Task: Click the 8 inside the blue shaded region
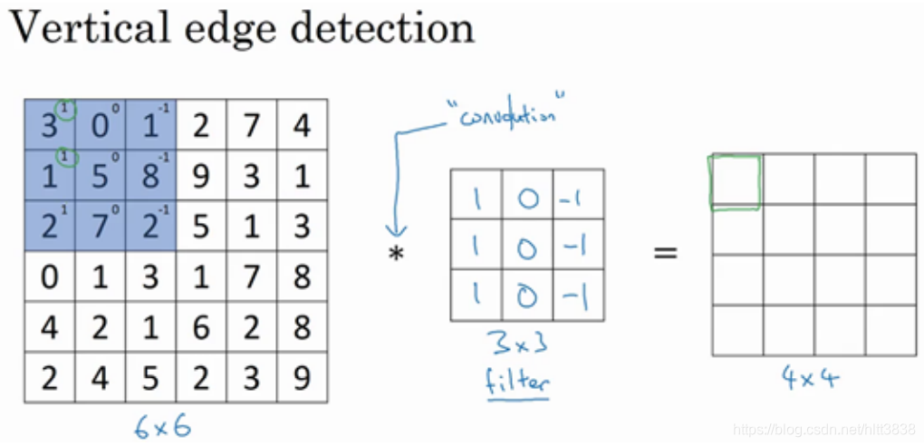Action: (150, 175)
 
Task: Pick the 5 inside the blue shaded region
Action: (100, 175)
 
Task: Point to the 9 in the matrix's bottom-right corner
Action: (302, 377)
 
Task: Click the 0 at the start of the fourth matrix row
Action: (49, 276)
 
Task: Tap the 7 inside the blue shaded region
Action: (100, 226)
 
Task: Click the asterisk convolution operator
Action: (396, 256)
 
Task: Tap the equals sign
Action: (666, 253)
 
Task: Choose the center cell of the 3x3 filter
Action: (526, 245)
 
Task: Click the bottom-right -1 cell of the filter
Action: (578, 296)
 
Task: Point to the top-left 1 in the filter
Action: (476, 194)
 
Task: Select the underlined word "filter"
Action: (517, 381)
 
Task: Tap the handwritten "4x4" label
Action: (811, 377)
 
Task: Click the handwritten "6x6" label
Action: (162, 426)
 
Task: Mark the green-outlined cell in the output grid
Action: (736, 180)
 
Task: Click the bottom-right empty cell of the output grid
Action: (890, 331)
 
